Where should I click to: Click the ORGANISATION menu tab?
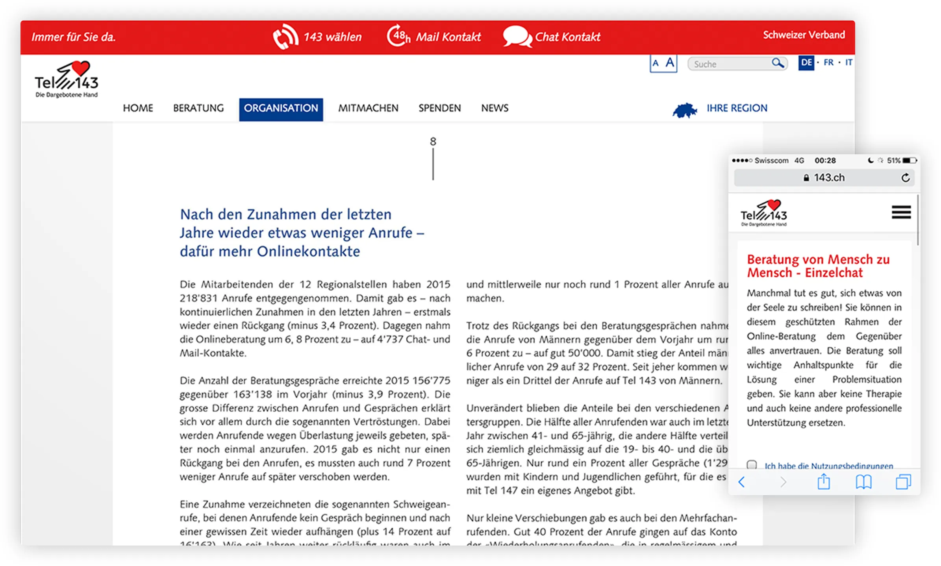pos(281,109)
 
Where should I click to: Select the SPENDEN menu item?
pos(439,108)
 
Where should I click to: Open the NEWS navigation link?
pos(495,108)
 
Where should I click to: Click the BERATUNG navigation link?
pos(198,108)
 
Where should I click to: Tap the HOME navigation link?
pos(138,108)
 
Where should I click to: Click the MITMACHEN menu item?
pos(368,108)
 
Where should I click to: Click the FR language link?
pos(828,63)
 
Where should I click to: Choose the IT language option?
pos(848,63)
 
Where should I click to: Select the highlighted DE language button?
pos(806,63)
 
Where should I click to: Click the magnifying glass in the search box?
pos(777,63)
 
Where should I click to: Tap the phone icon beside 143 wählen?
pos(285,37)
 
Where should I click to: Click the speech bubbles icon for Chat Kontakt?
pos(517,37)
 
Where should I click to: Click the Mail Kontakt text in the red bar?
pos(448,37)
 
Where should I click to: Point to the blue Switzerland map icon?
pos(685,110)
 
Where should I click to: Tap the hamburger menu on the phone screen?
pos(901,212)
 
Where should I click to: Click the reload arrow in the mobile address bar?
pos(906,178)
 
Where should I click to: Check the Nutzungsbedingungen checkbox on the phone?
pos(752,465)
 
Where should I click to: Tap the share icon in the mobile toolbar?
pos(824,482)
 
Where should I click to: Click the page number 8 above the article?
pos(433,141)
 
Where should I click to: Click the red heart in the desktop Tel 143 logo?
pos(81,68)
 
